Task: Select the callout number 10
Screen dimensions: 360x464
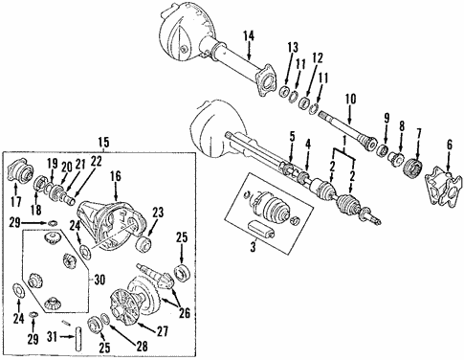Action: (x=349, y=98)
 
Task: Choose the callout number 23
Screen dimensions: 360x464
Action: (x=158, y=213)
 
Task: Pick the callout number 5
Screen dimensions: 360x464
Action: (x=292, y=140)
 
